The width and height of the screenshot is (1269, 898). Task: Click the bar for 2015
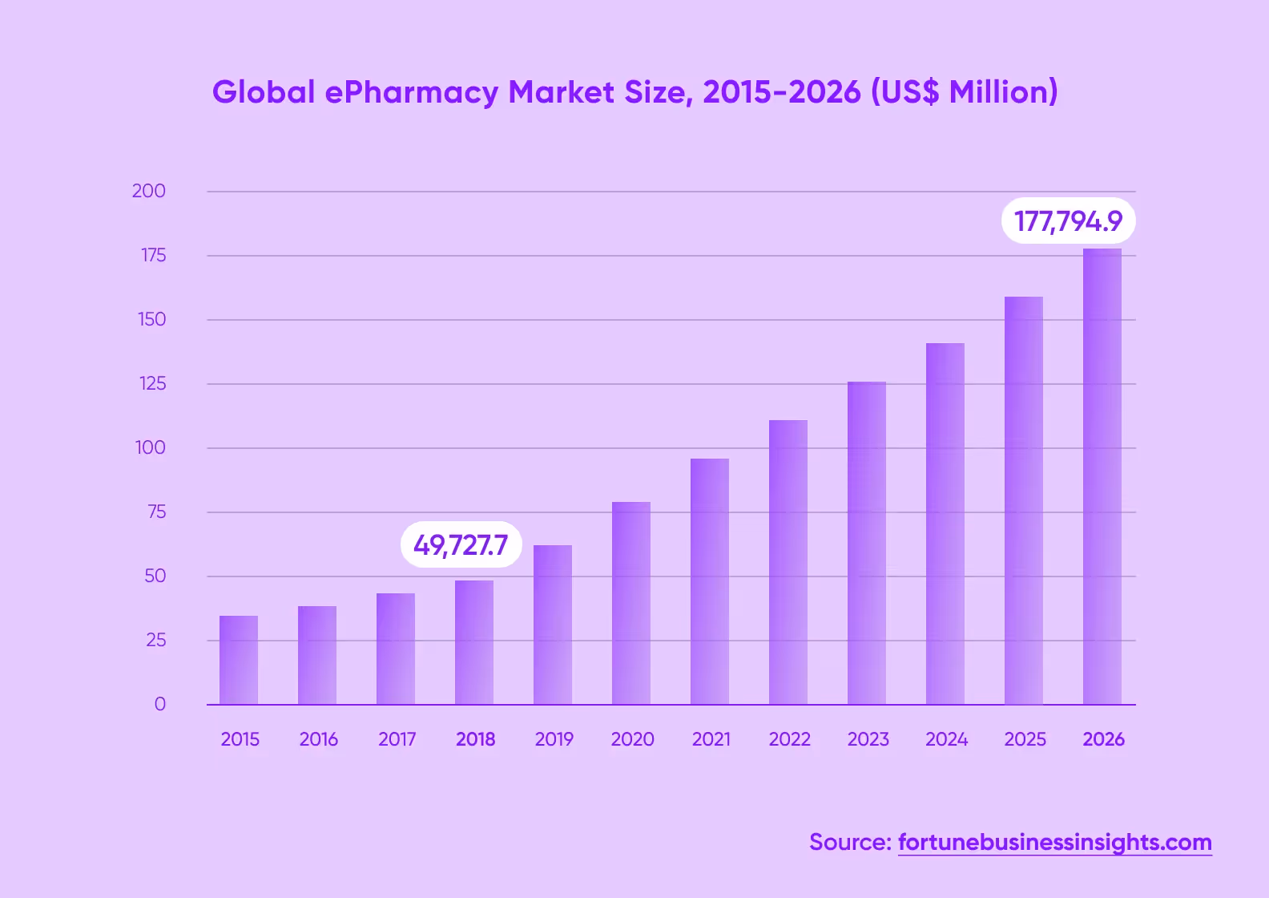pos(239,660)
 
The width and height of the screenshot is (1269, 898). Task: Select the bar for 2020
pos(631,603)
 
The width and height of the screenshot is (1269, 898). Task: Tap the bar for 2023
pos(867,543)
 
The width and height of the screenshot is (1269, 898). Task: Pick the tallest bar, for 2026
pos(1102,476)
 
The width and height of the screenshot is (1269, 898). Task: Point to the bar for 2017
pos(396,649)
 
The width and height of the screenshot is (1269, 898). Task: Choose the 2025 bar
pos(1024,500)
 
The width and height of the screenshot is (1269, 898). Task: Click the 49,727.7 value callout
pos(461,545)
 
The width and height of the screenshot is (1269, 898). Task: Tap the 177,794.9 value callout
pos(1068,220)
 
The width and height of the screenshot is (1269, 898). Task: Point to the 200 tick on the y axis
pos(149,191)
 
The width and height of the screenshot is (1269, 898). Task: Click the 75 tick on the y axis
pos(156,512)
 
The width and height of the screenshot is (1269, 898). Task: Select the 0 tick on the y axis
pos(160,704)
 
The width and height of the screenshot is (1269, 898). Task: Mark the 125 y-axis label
pos(152,383)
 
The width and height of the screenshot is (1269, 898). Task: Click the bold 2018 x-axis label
pos(475,739)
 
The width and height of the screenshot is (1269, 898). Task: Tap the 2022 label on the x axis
pos(789,739)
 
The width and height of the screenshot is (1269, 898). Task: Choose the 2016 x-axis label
pos(318,739)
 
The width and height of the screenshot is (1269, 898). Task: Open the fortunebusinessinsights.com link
pos(1054,843)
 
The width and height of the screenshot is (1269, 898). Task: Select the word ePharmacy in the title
pos(411,93)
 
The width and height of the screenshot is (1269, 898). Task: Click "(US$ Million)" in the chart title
pos(964,92)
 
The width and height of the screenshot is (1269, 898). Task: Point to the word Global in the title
pos(264,92)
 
